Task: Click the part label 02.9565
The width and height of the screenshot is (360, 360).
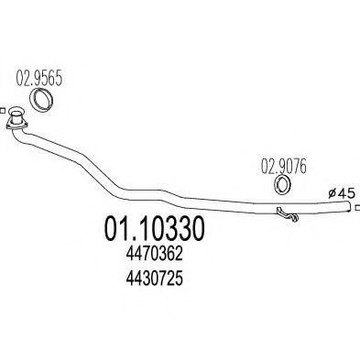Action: pyautogui.click(x=38, y=79)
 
